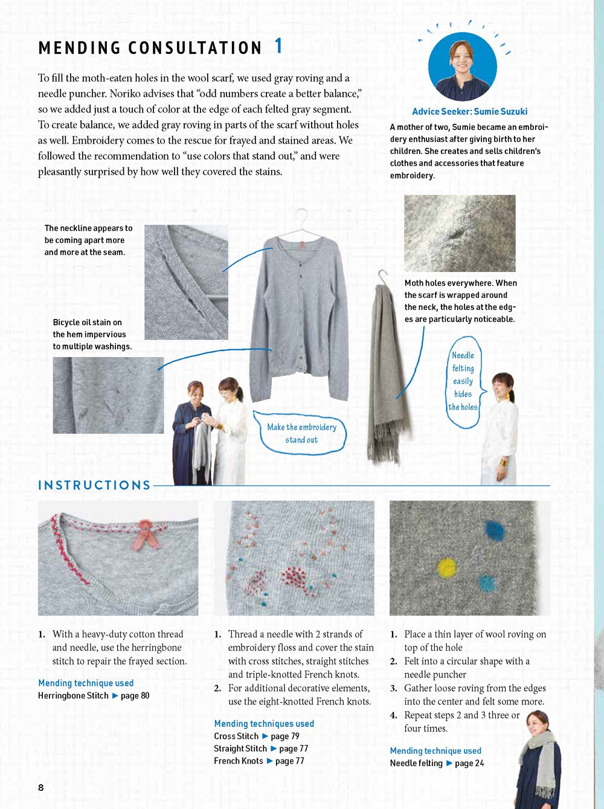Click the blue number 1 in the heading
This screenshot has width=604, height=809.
278,46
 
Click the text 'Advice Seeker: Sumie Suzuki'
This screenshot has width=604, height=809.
469,111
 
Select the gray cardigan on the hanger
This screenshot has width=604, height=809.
300,314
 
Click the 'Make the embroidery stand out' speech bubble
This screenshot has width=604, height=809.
301,433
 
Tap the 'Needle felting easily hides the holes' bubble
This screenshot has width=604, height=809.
463,381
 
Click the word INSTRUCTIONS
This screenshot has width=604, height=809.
94,485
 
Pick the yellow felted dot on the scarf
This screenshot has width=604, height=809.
446,568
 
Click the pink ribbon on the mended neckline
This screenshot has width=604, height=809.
147,532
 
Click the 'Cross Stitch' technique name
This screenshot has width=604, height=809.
236,736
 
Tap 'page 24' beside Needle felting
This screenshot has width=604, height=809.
469,763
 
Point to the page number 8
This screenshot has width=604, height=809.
41,787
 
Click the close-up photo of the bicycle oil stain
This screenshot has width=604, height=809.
108,395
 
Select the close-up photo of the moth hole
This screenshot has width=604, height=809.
460,233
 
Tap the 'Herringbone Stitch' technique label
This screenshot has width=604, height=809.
73,695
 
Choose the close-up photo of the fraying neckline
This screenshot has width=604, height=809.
186,282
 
